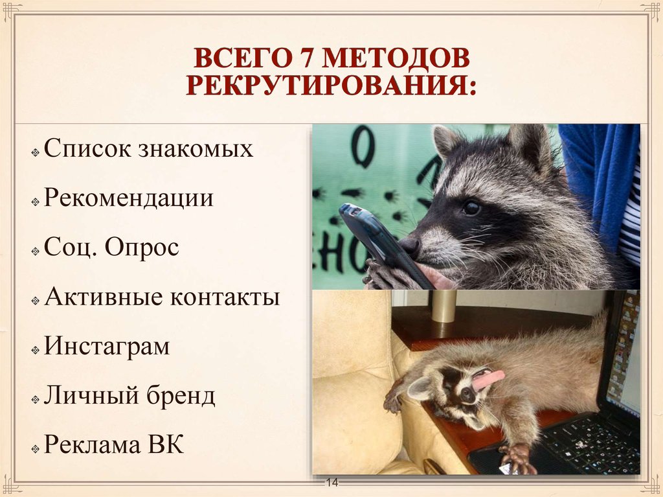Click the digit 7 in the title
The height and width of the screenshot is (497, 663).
[306, 60]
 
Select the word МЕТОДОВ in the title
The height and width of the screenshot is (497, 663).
[396, 60]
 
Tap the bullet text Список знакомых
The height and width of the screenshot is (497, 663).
[148, 150]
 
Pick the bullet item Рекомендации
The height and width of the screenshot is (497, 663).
[129, 198]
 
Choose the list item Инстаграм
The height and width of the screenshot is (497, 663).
[107, 346]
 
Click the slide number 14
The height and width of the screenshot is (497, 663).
[332, 483]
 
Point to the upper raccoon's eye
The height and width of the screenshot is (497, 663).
[471, 208]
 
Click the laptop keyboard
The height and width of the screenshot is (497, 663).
[589, 441]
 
